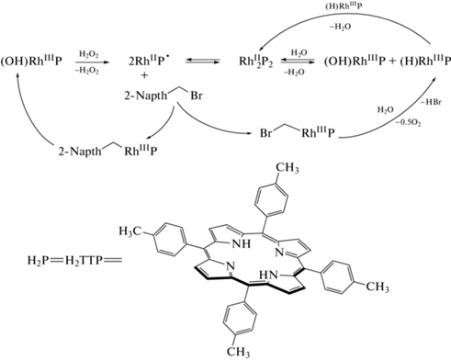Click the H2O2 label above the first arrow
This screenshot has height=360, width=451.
[89, 55]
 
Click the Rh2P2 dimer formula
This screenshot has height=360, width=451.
[255, 62]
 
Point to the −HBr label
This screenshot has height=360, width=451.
[431, 102]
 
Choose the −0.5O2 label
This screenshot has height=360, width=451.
[408, 123]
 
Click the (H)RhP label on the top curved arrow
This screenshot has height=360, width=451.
[343, 6]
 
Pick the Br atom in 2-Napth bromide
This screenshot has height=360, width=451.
[197, 96]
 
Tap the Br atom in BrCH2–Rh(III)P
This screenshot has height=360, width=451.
[265, 133]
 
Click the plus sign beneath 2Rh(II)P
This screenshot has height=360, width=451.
[144, 75]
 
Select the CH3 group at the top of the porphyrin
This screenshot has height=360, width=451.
[288, 168]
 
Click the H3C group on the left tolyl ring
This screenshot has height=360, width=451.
[130, 231]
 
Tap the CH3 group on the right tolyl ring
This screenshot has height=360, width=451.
[378, 287]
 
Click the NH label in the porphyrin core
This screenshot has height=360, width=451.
[242, 244]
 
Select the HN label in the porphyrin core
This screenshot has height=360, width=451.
[268, 276]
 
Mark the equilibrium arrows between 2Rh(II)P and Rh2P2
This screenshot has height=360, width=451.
[202, 62]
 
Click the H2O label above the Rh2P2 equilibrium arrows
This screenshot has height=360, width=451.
[299, 53]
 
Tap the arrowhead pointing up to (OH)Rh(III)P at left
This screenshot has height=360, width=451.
[18, 76]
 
